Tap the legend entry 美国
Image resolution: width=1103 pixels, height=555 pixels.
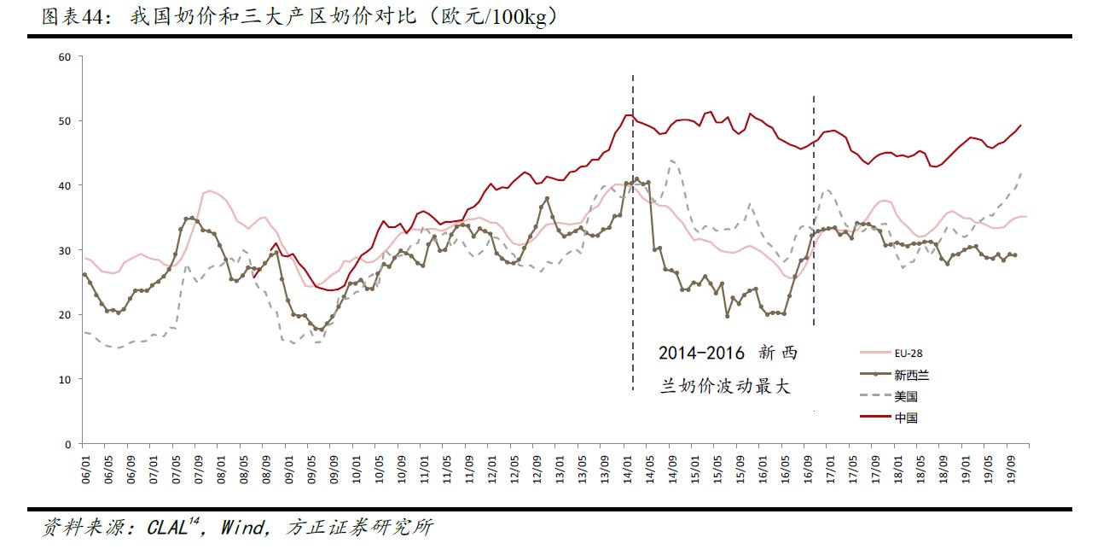click(905, 396)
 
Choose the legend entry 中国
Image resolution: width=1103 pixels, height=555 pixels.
click(905, 418)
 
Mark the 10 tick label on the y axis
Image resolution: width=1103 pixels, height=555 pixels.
click(65, 379)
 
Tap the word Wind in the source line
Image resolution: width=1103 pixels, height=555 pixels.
click(242, 529)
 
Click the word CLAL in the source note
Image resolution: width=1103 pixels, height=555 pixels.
click(167, 529)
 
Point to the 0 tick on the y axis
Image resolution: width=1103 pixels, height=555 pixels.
click(68, 444)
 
